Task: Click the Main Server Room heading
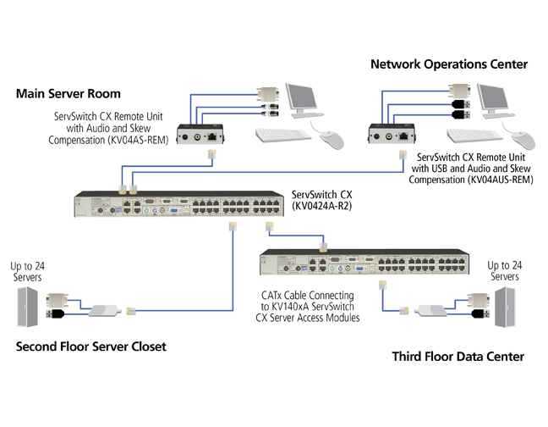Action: coord(68,93)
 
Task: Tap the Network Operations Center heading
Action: coord(449,64)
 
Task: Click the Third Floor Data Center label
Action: coord(458,357)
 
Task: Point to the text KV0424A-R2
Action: coord(321,206)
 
